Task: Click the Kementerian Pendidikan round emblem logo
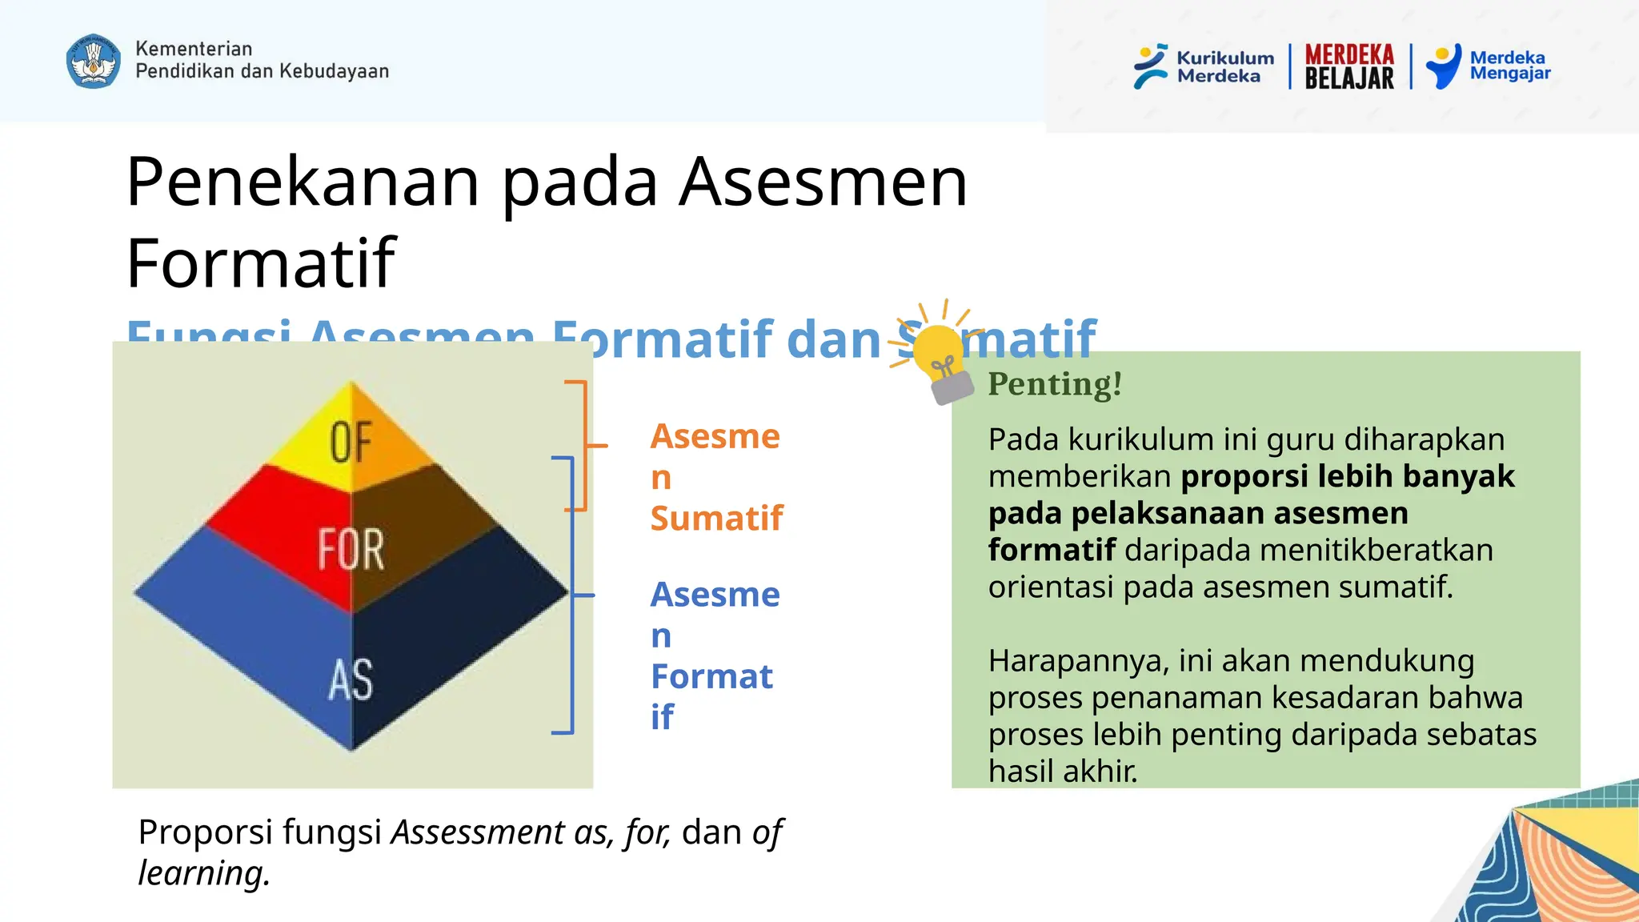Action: pos(94,61)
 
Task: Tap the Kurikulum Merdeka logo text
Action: pos(1224,67)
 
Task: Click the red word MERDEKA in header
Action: pos(1349,54)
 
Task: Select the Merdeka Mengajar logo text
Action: pos(1509,66)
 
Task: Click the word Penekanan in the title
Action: pos(303,182)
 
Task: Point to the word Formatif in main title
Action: pos(261,264)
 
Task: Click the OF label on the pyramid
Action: pos(351,442)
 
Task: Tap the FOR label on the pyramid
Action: pos(351,549)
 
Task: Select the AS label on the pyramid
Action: pos(351,680)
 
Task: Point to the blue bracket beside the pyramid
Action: pos(572,595)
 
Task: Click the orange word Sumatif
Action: pos(716,519)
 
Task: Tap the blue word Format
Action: pos(711,677)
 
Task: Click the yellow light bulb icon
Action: pos(937,352)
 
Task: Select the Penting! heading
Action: pos(1054,384)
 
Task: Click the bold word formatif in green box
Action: pos(1051,551)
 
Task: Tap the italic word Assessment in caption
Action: pos(477,832)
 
